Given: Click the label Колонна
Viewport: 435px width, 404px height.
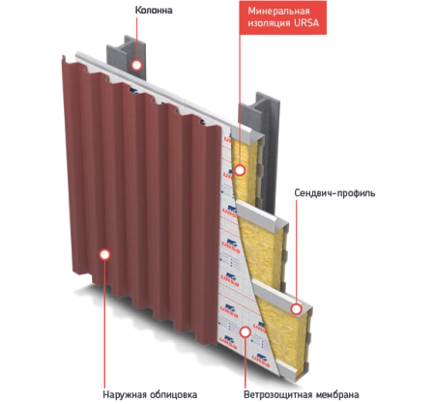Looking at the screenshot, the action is click(x=154, y=11).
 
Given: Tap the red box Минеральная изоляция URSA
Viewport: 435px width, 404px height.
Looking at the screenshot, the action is click(x=282, y=17).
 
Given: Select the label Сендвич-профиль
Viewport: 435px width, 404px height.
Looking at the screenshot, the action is click(x=334, y=193).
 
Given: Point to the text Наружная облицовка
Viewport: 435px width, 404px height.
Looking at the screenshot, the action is click(x=150, y=394).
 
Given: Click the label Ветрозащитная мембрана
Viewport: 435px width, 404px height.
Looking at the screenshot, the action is click(x=301, y=394).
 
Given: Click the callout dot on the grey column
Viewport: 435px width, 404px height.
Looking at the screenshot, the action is click(x=136, y=65).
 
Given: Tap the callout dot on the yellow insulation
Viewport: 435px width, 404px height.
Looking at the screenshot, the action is click(x=240, y=170).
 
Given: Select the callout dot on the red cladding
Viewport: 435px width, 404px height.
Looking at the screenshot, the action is click(x=104, y=254).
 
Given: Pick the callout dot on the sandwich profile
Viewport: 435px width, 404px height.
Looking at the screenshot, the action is click(x=296, y=309).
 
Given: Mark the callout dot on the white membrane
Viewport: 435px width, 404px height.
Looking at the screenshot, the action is click(x=246, y=332).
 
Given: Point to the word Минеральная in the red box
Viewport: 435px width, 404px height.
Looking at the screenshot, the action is click(x=278, y=12).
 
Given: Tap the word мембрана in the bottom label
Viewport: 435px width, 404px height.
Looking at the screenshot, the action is click(x=337, y=394).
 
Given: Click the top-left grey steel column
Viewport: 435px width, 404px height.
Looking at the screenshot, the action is click(x=127, y=57).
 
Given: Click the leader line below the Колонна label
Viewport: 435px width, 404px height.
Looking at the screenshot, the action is click(x=136, y=38).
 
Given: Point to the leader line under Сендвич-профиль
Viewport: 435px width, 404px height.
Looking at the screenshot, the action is click(x=296, y=251).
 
